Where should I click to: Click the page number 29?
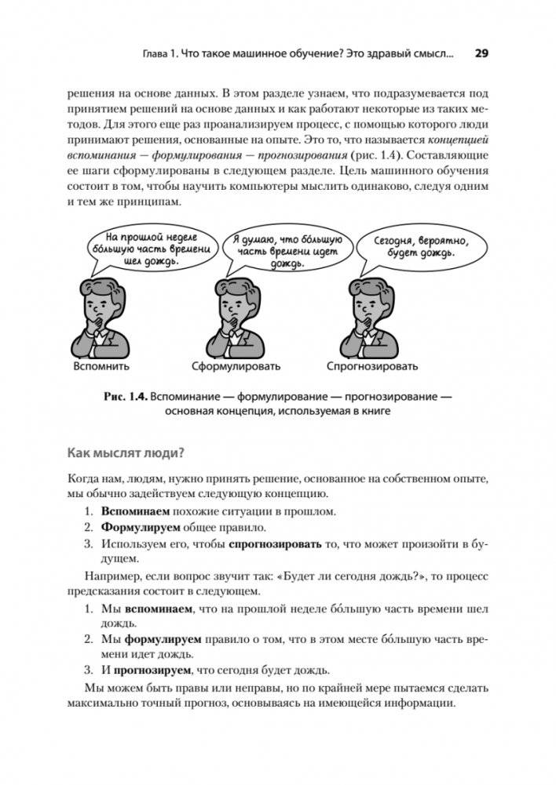(481, 54)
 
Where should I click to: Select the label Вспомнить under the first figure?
(101, 366)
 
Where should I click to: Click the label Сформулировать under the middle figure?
(236, 366)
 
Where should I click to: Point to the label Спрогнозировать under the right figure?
(372, 366)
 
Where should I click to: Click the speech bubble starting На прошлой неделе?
(149, 249)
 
